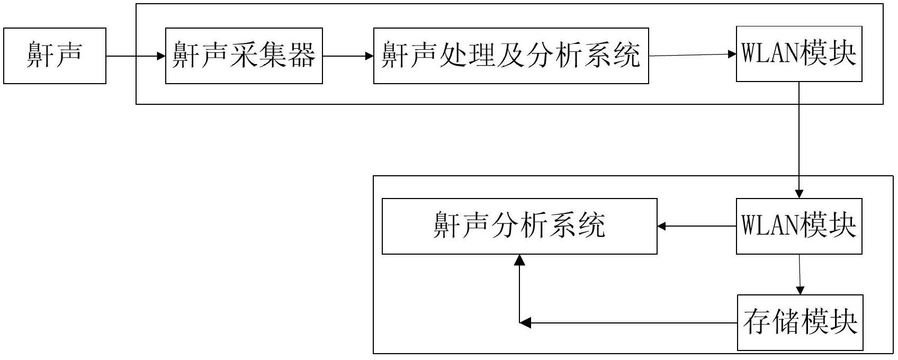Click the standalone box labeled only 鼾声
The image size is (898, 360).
(x=55, y=56)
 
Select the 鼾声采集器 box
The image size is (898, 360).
(x=244, y=56)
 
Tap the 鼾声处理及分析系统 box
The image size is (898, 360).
(x=511, y=56)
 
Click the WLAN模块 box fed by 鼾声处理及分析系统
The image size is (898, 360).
(x=799, y=54)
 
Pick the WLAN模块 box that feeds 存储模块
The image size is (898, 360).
(x=799, y=226)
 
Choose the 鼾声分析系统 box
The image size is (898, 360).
(x=519, y=226)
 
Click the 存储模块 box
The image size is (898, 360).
(x=800, y=323)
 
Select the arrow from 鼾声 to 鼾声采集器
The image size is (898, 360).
(x=136, y=56)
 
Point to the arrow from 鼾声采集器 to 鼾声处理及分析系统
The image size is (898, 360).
(x=348, y=56)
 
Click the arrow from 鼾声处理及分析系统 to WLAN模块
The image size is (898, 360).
(x=693, y=55)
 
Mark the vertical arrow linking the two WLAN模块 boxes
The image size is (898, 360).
(x=799, y=140)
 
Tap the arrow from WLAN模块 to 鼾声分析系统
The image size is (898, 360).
(x=697, y=226)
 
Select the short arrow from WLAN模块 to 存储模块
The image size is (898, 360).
(x=800, y=275)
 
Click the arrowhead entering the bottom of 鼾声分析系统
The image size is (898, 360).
(x=519, y=260)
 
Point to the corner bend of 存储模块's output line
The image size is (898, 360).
(x=519, y=323)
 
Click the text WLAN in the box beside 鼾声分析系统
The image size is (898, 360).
(x=770, y=226)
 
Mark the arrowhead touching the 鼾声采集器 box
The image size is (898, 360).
(x=161, y=56)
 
